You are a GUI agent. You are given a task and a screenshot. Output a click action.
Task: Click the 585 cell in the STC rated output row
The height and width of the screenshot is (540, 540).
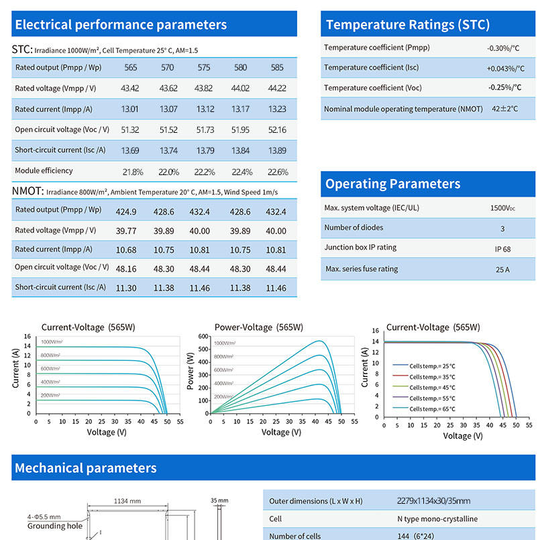(277, 68)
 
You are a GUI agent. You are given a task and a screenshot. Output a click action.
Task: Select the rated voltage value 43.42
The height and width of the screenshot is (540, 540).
(130, 89)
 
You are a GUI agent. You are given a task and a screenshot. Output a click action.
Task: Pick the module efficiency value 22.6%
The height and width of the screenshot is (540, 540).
(278, 172)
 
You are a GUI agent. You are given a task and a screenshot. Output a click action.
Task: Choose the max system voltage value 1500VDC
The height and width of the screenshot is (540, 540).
(503, 209)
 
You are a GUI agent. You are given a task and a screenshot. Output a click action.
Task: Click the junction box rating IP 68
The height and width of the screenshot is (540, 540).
(502, 249)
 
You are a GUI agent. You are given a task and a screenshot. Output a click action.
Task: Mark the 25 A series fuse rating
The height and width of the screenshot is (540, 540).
(502, 270)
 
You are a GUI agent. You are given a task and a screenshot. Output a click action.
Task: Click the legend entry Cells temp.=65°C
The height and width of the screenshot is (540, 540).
(431, 409)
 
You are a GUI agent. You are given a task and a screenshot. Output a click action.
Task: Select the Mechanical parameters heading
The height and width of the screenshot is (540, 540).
(85, 468)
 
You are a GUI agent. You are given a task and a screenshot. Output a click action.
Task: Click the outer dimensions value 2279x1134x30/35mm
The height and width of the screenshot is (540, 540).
(433, 501)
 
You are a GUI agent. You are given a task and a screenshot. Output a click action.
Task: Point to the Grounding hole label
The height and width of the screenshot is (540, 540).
(55, 526)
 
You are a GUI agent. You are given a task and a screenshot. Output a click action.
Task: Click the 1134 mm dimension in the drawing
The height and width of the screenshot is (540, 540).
(127, 501)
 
